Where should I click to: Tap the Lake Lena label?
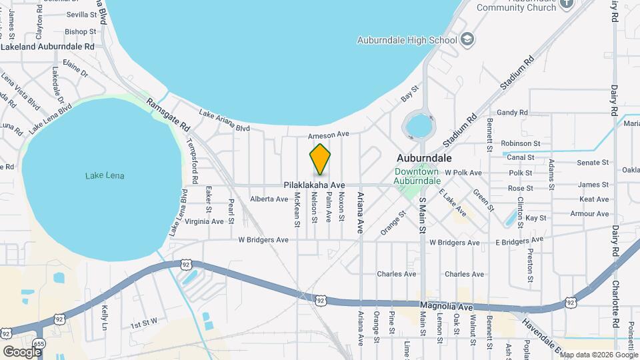click(105, 176)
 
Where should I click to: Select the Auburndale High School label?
click(407, 40)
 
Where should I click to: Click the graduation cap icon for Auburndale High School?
click(469, 39)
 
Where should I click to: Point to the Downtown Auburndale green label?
click(417, 176)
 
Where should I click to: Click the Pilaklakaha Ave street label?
click(314, 185)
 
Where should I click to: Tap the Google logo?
click(22, 351)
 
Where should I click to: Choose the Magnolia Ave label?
click(446, 307)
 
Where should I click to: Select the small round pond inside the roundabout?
click(418, 125)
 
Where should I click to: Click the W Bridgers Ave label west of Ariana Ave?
click(265, 239)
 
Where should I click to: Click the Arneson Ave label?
click(329, 134)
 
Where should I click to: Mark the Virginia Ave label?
click(205, 221)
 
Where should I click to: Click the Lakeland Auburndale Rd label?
click(48, 47)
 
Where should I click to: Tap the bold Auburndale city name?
click(424, 159)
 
